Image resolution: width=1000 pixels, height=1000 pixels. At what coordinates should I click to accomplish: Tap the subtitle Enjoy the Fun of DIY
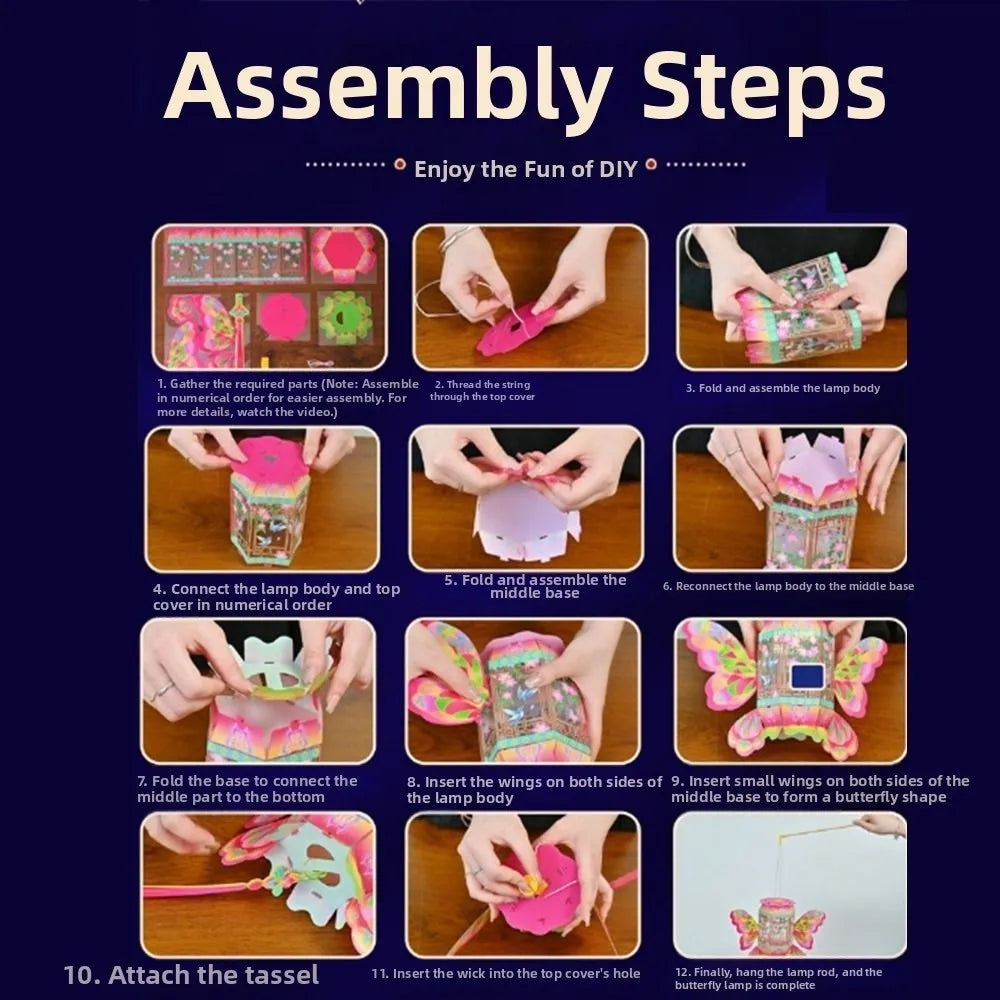tap(526, 169)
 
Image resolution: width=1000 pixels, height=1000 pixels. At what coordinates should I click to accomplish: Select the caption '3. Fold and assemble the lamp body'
tap(783, 388)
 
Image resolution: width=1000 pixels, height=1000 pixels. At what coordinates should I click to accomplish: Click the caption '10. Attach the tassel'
tap(191, 974)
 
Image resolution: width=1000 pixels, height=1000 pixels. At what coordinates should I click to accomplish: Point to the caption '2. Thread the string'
tap(482, 385)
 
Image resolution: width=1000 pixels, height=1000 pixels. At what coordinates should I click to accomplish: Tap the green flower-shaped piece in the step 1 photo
tap(345, 317)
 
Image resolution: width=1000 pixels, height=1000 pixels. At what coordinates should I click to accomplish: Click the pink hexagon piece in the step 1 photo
tap(344, 254)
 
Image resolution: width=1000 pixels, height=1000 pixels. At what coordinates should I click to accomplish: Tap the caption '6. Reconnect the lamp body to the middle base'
tap(788, 586)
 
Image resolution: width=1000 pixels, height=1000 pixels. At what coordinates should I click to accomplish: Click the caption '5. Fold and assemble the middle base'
tap(535, 586)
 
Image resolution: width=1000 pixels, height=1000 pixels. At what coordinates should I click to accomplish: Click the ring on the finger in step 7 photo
tap(163, 689)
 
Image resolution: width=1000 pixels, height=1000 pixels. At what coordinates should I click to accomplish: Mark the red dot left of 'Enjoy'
tap(400, 165)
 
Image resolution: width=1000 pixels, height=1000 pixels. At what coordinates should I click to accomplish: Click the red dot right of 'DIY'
tap(651, 165)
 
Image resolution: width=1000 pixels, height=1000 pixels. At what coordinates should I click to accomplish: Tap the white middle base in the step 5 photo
tap(525, 521)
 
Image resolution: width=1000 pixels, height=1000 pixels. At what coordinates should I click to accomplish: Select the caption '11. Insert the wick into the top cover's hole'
tap(506, 974)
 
